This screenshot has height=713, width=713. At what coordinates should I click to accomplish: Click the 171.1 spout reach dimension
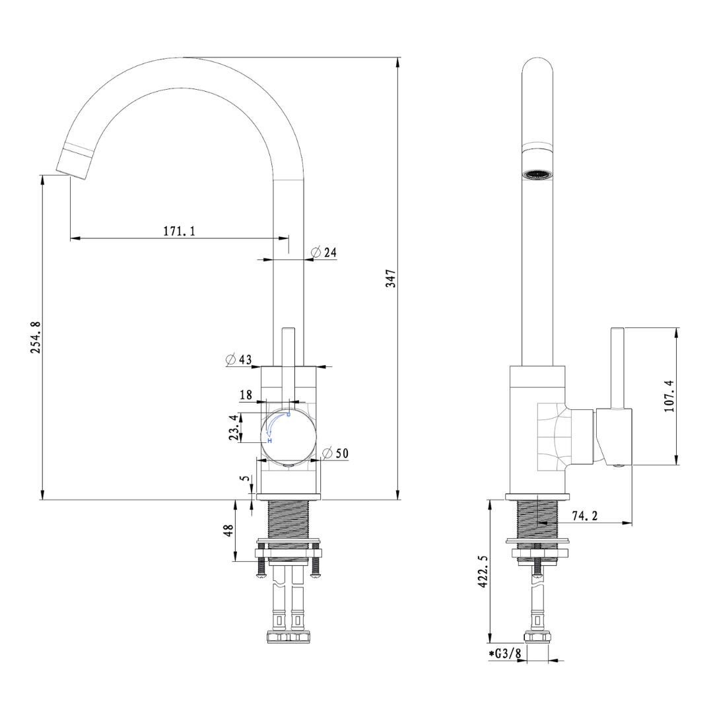point(179,231)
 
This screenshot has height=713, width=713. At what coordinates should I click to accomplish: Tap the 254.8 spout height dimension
point(36,337)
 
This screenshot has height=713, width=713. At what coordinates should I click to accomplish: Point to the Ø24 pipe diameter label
point(324,252)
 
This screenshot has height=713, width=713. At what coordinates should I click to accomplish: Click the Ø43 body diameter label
point(238,360)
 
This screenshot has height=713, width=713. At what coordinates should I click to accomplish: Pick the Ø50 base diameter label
point(335,453)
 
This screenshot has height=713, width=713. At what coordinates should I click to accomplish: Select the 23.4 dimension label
point(233,428)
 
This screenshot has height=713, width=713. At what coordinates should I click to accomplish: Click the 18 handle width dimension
point(246,395)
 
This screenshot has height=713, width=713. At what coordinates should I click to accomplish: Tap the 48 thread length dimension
point(228,531)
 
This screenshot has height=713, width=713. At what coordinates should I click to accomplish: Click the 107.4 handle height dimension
point(669,395)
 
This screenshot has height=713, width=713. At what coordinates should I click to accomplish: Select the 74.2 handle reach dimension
point(585,516)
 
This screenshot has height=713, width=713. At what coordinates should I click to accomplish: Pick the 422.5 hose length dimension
point(483,571)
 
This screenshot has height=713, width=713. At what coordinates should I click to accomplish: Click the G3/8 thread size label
point(506,654)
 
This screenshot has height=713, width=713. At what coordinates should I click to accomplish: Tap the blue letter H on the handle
point(270,440)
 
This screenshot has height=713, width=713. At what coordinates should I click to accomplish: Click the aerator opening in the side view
point(537,175)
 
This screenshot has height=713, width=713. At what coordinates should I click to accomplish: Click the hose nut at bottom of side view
point(537,638)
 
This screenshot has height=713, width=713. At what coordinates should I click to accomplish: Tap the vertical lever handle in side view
point(617,367)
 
